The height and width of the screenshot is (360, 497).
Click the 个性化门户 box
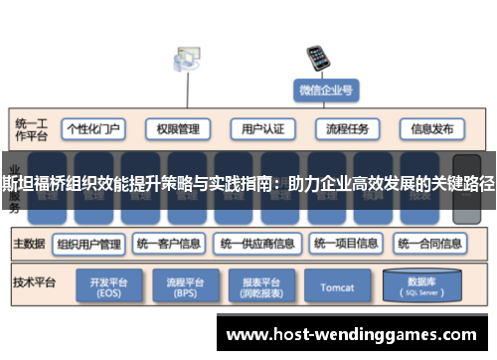92,129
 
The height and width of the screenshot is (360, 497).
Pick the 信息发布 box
431,129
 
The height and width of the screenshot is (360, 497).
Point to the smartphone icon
318,57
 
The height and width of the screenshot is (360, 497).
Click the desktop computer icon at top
186,60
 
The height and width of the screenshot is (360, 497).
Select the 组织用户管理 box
88,243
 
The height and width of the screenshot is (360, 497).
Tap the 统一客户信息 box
169,243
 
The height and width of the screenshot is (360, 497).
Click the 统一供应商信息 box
256,243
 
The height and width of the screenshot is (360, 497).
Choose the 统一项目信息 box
345,243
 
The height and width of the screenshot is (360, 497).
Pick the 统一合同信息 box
430,243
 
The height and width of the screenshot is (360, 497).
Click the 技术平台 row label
33,281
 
